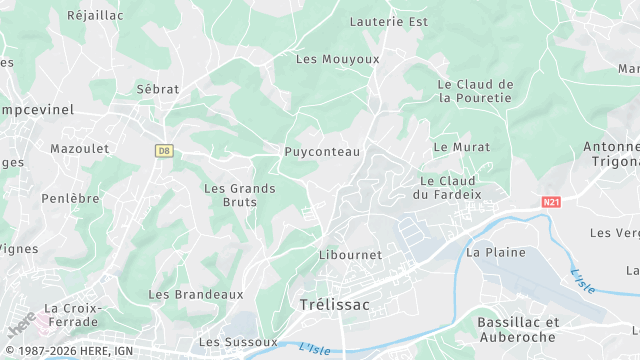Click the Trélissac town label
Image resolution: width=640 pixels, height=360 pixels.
(x=334, y=304)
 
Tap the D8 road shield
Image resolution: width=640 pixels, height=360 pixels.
(x=164, y=150)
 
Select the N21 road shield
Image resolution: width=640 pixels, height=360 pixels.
(x=551, y=202)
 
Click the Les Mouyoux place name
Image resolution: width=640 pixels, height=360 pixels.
(x=338, y=59)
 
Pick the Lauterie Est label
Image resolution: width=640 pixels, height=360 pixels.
(x=389, y=20)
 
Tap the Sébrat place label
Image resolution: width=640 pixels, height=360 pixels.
(x=158, y=89)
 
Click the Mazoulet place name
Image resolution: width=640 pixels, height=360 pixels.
(x=79, y=148)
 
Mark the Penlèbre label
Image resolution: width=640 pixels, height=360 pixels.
(x=70, y=198)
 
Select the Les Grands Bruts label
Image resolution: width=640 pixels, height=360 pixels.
(x=231, y=195)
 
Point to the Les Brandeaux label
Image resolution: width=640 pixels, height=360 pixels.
(x=196, y=294)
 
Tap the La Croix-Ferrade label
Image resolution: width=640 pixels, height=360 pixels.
(x=72, y=315)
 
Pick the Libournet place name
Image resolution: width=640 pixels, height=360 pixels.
(x=350, y=254)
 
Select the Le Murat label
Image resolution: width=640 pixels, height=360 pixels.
(x=462, y=146)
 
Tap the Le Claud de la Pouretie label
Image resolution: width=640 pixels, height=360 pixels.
(x=475, y=91)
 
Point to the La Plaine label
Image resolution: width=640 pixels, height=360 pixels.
(x=496, y=252)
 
